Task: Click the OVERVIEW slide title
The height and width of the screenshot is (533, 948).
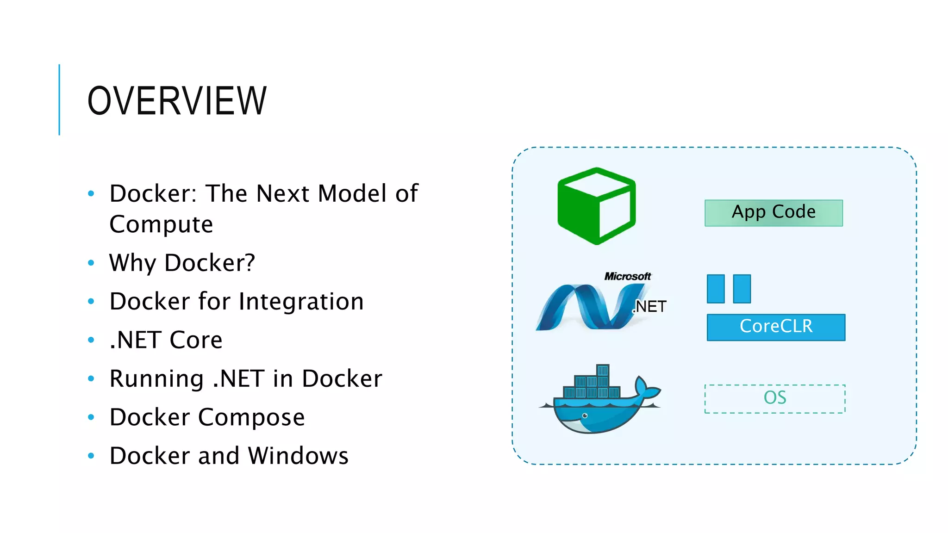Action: click(x=177, y=101)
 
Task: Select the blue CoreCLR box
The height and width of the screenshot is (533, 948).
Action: click(x=776, y=327)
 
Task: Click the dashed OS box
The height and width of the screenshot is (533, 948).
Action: click(x=774, y=398)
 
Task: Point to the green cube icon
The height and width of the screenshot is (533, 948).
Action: click(x=596, y=206)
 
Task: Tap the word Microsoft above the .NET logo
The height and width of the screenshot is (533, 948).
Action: click(x=627, y=276)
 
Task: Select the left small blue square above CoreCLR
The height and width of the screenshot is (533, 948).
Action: click(x=715, y=289)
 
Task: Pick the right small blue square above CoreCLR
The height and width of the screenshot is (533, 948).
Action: click(x=742, y=289)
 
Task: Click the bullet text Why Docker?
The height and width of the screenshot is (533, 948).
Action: click(x=182, y=263)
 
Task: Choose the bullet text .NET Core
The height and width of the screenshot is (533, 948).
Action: click(x=166, y=340)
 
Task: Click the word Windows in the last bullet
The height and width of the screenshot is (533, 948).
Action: click(x=298, y=456)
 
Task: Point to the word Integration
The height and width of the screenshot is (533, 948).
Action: click(x=301, y=302)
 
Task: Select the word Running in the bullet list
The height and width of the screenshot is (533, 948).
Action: click(x=156, y=379)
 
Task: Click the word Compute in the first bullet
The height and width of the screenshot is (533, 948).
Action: click(x=161, y=225)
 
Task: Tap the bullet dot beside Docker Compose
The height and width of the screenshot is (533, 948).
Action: click(x=91, y=417)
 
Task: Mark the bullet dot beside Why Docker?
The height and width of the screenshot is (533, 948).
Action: click(x=91, y=263)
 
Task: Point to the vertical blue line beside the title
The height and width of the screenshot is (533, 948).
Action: click(x=59, y=100)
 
